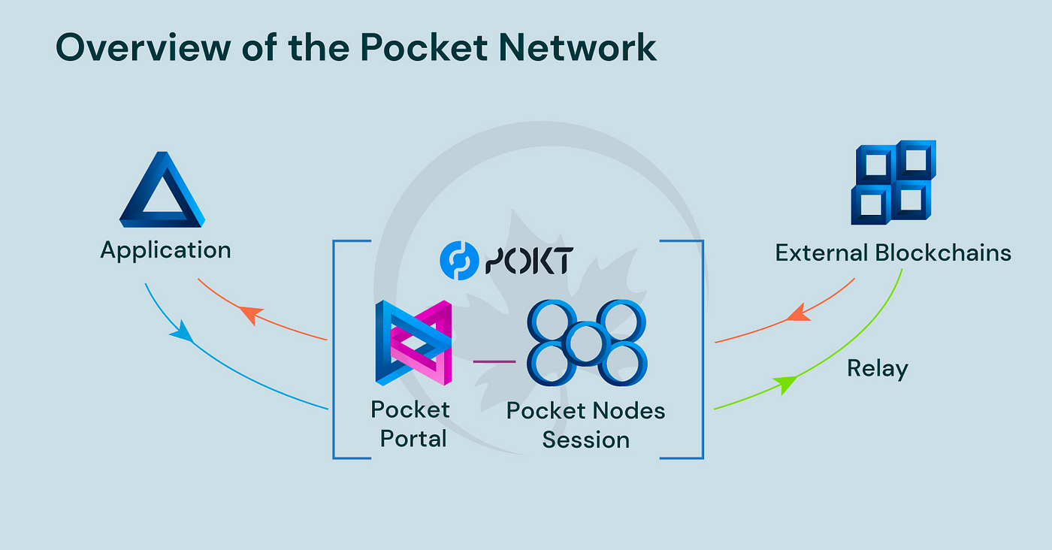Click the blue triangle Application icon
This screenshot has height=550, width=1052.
point(162,192)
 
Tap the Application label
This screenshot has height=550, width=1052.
point(165,250)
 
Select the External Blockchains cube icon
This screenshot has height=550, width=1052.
point(893,183)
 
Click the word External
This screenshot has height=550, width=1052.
point(821,252)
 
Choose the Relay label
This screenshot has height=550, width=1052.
point(877,369)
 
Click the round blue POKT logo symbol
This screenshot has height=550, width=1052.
point(458,261)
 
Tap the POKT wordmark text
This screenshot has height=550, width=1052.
point(530,261)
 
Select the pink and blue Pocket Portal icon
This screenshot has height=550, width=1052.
point(413,343)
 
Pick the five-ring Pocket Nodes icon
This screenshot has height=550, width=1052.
point(587,342)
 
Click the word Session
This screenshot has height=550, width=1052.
point(586,440)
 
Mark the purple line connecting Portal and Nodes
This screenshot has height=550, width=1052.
point(494,361)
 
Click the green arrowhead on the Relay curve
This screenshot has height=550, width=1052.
point(787,385)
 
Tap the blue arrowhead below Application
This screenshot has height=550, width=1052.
point(181,332)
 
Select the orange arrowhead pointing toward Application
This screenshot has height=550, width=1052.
point(252,314)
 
